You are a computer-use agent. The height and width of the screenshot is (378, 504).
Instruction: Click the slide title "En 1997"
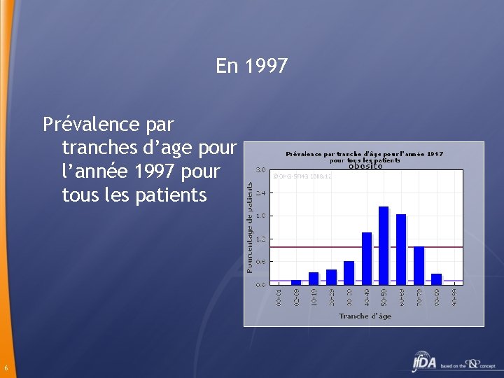(x=252, y=66)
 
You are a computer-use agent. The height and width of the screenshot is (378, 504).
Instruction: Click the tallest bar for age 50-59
(x=384, y=245)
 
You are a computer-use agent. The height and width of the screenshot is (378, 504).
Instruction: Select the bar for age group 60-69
(x=401, y=248)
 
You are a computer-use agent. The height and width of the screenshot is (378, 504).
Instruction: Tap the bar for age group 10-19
(x=314, y=278)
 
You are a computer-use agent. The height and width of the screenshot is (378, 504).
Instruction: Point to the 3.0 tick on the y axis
(x=260, y=169)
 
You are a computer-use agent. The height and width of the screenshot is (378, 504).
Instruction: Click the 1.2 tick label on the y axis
(x=260, y=239)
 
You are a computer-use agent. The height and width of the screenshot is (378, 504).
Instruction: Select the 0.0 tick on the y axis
(x=260, y=285)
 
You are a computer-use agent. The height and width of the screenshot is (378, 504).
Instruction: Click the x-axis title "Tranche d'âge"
(x=365, y=316)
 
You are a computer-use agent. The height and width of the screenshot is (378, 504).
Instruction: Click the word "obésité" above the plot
(x=365, y=166)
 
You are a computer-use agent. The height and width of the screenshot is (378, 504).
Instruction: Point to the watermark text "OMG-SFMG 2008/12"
(x=302, y=176)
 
